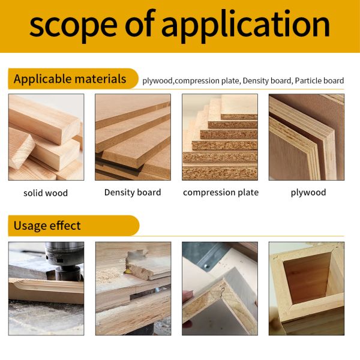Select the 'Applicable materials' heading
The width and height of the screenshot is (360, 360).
tap(70, 79)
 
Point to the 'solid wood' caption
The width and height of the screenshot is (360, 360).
tap(46, 193)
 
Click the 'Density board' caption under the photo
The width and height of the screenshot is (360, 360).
tap(133, 193)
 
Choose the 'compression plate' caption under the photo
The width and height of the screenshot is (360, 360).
tap(221, 193)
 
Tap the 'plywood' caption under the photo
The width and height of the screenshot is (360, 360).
tap(308, 193)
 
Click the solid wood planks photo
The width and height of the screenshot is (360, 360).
tap(46, 137)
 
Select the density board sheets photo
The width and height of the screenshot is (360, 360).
tap(133, 137)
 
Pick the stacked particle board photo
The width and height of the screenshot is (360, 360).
tap(220, 137)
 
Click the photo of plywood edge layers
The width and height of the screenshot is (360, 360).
tap(306, 137)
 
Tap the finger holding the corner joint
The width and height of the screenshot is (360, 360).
tap(188, 296)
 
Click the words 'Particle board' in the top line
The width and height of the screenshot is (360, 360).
tap(319, 80)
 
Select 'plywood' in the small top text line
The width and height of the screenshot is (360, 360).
tap(157, 80)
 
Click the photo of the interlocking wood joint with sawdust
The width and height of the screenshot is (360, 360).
tap(133, 288)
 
